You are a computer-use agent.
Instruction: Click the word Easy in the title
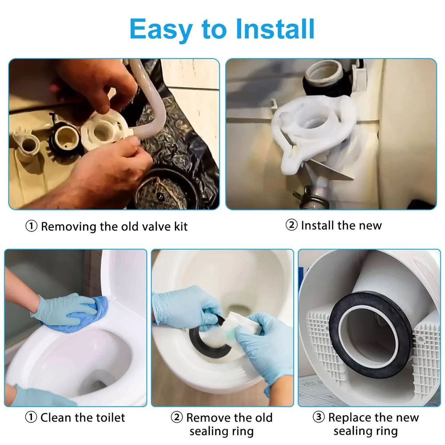161,29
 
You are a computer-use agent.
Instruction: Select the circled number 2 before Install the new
291,225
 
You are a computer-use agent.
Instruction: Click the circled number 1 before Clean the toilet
31,417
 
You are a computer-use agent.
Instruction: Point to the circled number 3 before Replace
319,417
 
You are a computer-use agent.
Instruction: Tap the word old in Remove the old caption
263,417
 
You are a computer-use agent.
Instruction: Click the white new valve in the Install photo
312,128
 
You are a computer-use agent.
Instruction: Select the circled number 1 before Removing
32,227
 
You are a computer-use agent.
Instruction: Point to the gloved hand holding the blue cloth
65,309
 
